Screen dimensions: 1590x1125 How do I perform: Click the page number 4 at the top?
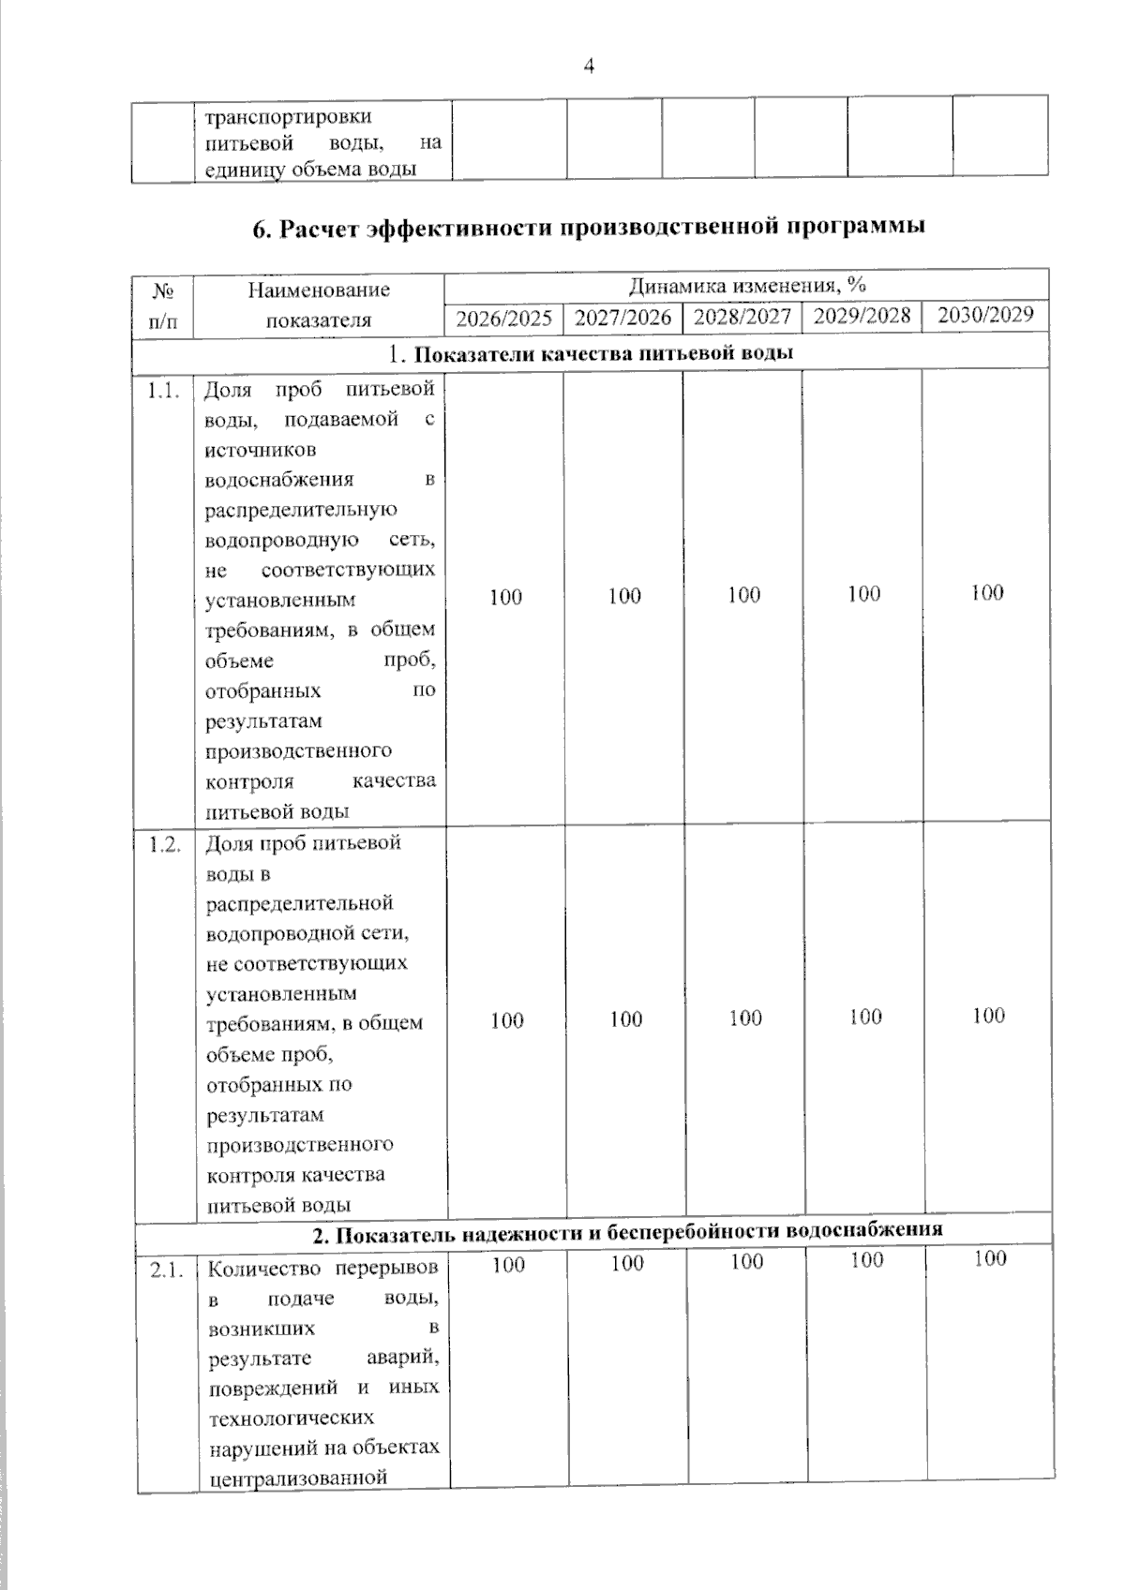[x=589, y=66]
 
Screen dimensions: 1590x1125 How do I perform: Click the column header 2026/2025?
[x=503, y=319]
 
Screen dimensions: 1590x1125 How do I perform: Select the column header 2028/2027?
[x=742, y=317]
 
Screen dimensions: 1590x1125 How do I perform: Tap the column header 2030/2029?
[x=985, y=315]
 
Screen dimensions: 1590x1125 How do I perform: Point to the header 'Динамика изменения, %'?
[x=746, y=285]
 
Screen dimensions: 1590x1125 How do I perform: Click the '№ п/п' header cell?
[x=162, y=305]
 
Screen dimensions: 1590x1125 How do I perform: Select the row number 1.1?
[x=163, y=391]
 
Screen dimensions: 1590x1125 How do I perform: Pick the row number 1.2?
[x=164, y=844]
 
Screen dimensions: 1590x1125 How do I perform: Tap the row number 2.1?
[x=166, y=1271]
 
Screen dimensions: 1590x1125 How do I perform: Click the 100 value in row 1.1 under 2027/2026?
[x=624, y=596]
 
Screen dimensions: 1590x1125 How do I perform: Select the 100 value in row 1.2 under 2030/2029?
[x=988, y=1016]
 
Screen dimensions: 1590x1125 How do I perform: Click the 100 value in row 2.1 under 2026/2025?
[x=508, y=1265]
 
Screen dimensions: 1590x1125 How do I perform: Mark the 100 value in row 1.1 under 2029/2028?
[x=863, y=593]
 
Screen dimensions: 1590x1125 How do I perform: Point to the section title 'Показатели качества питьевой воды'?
[x=604, y=353]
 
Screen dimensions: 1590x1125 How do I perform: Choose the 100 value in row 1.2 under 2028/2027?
[x=745, y=1018]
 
